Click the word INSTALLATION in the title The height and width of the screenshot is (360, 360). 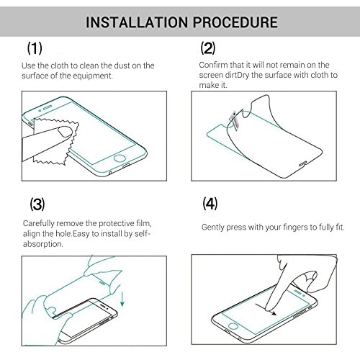tap(137, 22)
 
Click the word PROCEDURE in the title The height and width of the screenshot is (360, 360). tap(235, 22)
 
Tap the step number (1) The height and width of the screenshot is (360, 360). tap(35, 48)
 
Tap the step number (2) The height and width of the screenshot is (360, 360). tap(208, 48)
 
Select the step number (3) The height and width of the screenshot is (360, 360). tap(37, 204)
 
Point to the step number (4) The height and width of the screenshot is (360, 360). tap(210, 204)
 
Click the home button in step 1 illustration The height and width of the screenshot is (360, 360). tap(120, 158)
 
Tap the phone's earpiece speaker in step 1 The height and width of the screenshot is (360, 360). tap(48, 107)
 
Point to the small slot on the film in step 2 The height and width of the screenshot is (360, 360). tap(302, 164)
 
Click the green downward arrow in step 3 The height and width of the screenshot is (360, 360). tap(122, 299)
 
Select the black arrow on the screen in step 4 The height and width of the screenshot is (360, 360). tap(266, 309)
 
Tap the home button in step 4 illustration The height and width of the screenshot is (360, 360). tap(233, 325)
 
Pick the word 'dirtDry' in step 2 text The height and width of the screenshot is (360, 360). tap(237, 75)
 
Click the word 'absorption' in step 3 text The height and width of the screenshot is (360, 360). tap(43, 244)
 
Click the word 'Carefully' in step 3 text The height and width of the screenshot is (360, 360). tap(38, 224)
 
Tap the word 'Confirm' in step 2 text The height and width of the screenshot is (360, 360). tap(213, 65)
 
